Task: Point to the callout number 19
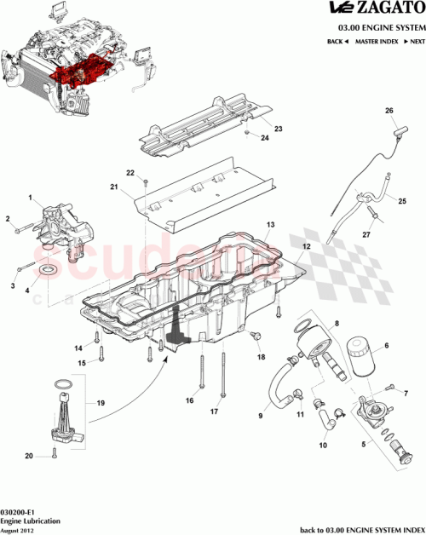[100, 401]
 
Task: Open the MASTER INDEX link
[377, 41]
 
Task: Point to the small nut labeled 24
[245, 134]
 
